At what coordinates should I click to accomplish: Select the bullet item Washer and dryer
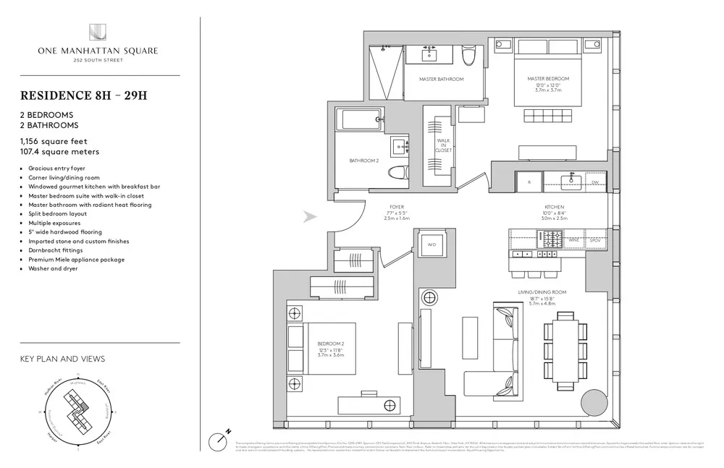coord(53,268)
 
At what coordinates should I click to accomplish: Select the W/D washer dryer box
coord(432,244)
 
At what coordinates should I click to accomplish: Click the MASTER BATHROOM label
coord(441,79)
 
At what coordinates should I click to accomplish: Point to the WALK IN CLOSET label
coord(443,145)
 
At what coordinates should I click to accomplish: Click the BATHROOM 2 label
coord(363,160)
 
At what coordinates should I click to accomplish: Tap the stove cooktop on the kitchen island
coord(549,237)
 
